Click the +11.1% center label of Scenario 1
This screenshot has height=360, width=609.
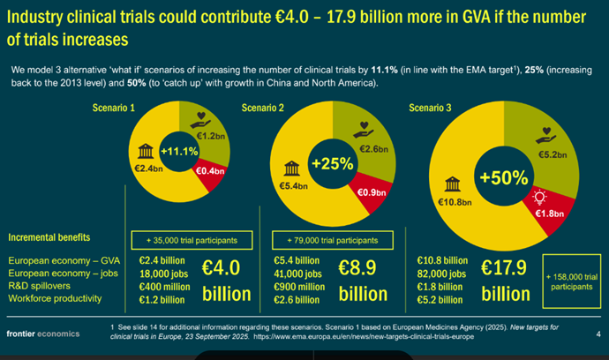tap(180, 152)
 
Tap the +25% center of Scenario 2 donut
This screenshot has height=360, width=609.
tap(327, 165)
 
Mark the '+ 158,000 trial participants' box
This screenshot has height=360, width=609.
tap(573, 281)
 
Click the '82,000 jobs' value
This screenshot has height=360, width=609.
tap(442, 274)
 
